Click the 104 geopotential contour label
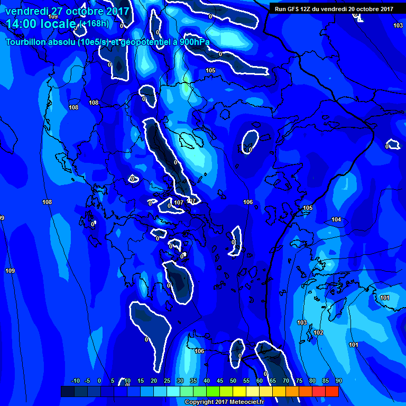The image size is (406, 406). (336, 219)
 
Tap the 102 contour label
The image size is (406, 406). (318, 333)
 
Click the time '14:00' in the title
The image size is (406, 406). (22, 24)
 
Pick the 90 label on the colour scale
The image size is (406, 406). (338, 381)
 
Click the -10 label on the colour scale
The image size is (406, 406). (75, 381)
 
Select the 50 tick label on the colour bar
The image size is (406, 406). (233, 381)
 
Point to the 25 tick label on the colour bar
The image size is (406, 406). (167, 381)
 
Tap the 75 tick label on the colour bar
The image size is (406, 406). (299, 381)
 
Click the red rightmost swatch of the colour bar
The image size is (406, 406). (332, 391)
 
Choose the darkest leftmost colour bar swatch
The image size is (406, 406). (67, 391)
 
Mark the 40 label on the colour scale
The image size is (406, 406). (207, 381)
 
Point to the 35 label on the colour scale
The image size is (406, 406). (193, 381)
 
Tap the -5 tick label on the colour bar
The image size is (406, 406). (87, 381)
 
